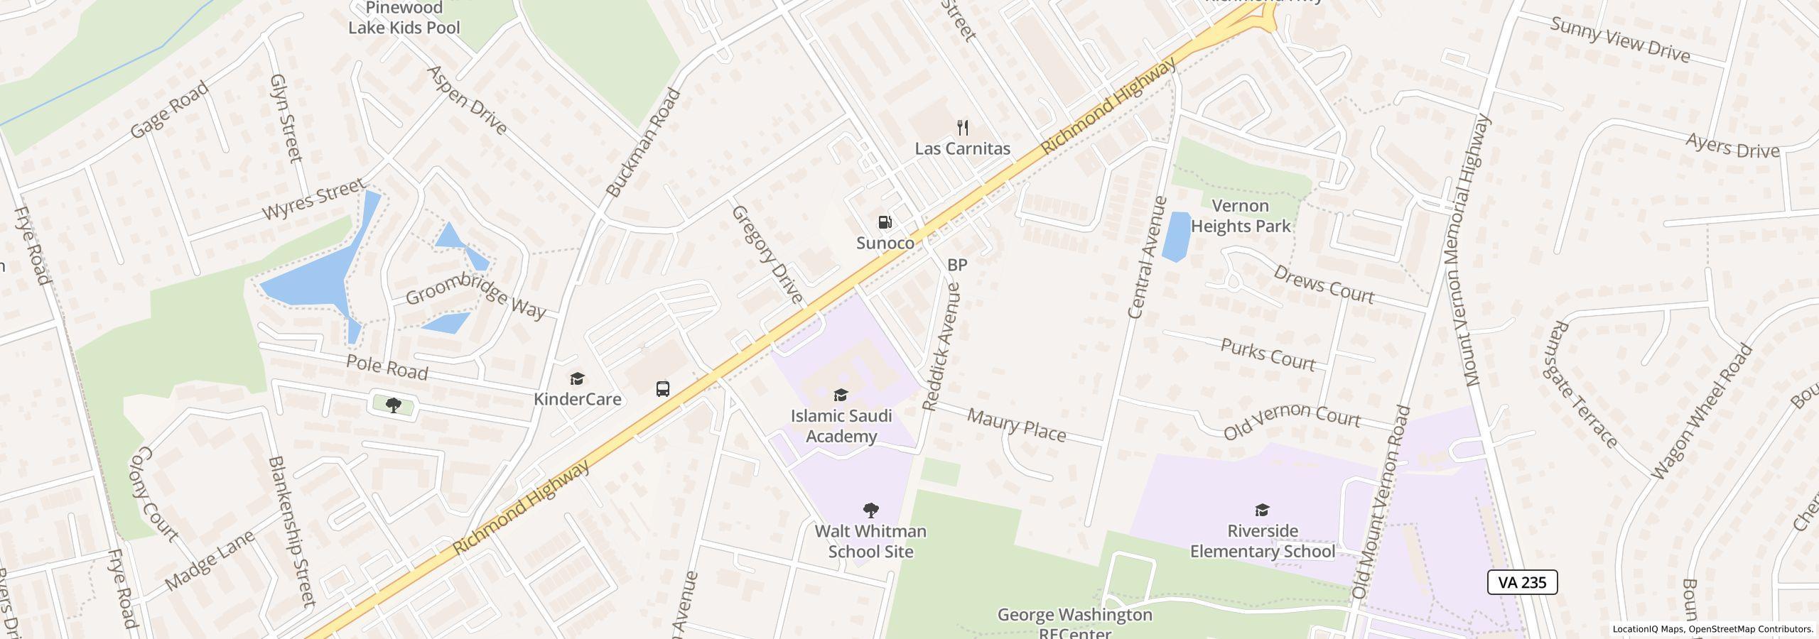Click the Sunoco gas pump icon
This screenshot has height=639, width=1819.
pyautogui.click(x=885, y=223)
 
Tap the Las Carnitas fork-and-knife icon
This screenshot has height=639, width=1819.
pyautogui.click(x=963, y=129)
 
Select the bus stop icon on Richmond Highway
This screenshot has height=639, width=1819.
pyautogui.click(x=663, y=388)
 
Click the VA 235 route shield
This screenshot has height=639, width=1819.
pyautogui.click(x=1522, y=582)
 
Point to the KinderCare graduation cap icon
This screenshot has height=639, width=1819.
pyautogui.click(x=578, y=379)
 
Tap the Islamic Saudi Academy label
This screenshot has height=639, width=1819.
pyautogui.click(x=841, y=426)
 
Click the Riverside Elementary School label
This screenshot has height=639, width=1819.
pyautogui.click(x=1262, y=541)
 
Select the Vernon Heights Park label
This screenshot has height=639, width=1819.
pyautogui.click(x=1241, y=216)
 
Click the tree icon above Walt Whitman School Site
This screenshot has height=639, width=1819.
pyautogui.click(x=870, y=510)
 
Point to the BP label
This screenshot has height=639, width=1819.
pyautogui.click(x=957, y=265)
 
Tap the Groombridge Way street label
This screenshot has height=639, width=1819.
pyautogui.click(x=475, y=295)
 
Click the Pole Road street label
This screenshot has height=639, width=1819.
pyautogui.click(x=387, y=367)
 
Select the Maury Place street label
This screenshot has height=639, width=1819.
pyautogui.click(x=1017, y=425)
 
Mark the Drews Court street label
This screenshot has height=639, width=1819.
pyautogui.click(x=1324, y=285)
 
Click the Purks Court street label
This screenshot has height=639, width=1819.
pyautogui.click(x=1268, y=354)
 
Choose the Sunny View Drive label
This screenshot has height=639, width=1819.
pyautogui.click(x=1619, y=40)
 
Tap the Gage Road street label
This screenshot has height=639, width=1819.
pyautogui.click(x=170, y=109)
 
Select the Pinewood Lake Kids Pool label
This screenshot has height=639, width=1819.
pyautogui.click(x=404, y=18)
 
